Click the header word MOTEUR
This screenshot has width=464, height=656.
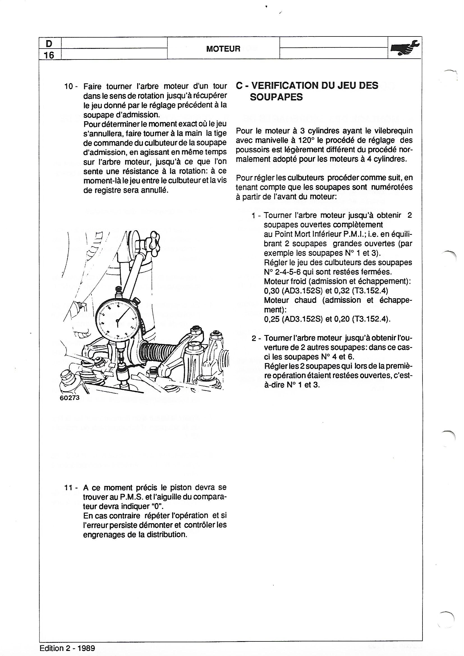click(x=223, y=49)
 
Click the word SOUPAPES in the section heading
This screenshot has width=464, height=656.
click(x=276, y=97)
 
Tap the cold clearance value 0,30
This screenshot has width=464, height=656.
click(x=272, y=291)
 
